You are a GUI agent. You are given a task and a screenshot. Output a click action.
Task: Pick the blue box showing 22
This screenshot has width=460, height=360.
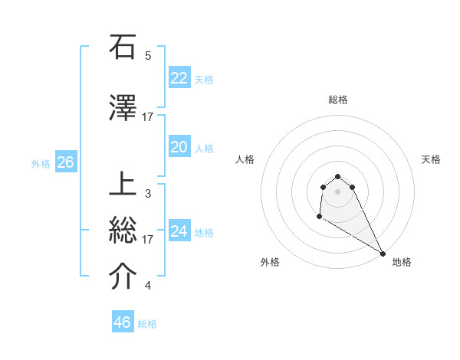[x=179, y=78]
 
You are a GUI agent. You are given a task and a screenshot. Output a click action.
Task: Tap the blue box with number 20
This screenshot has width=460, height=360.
[x=179, y=147]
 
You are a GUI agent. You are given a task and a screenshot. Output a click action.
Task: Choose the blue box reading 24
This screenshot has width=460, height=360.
[x=179, y=231]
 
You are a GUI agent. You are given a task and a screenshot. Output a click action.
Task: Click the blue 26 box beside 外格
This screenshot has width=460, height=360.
[x=65, y=162]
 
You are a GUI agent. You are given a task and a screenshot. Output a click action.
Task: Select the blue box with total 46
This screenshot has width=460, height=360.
[x=122, y=322]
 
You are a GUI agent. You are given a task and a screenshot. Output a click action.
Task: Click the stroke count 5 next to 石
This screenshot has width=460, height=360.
[x=148, y=56]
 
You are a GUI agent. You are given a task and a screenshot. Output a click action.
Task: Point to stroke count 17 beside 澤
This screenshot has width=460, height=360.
[x=148, y=116]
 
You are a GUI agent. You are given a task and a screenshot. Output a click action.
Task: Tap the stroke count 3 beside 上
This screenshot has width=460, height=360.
[x=148, y=194]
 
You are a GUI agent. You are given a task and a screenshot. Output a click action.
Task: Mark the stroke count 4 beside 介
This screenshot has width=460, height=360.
[x=148, y=286]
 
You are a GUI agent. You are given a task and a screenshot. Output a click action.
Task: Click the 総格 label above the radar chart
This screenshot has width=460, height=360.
[x=338, y=100]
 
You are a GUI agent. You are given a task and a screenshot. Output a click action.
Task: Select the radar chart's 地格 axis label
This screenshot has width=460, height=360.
[x=402, y=262]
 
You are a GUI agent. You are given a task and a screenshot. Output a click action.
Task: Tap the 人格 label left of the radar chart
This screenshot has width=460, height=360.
[x=245, y=159]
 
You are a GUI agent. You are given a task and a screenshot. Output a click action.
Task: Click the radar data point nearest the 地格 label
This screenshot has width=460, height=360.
[x=383, y=253]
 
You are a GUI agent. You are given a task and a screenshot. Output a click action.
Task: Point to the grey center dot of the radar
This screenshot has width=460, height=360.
[x=338, y=191]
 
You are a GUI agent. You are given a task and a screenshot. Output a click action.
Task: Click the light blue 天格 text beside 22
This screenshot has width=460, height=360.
[x=204, y=79]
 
